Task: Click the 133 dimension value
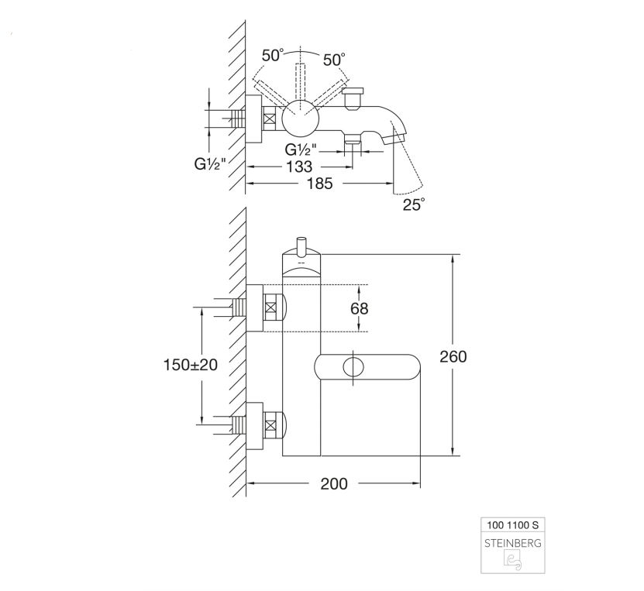(x=300, y=167)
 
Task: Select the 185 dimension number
(x=319, y=184)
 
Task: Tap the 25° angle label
(x=413, y=204)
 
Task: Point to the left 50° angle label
(x=273, y=55)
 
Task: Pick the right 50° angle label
(x=334, y=60)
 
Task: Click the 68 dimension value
(x=360, y=308)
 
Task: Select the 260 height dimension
(x=453, y=356)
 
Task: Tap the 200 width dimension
(x=334, y=483)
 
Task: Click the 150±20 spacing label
(x=191, y=365)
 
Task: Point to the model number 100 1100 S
(x=512, y=525)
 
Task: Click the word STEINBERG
(x=513, y=544)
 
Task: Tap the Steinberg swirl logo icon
(x=513, y=561)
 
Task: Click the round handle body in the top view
(x=301, y=119)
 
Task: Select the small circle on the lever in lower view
(x=353, y=366)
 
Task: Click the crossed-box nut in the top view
(x=270, y=119)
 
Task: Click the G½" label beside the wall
(x=210, y=164)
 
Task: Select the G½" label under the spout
(x=301, y=149)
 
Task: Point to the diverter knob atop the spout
(x=353, y=98)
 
